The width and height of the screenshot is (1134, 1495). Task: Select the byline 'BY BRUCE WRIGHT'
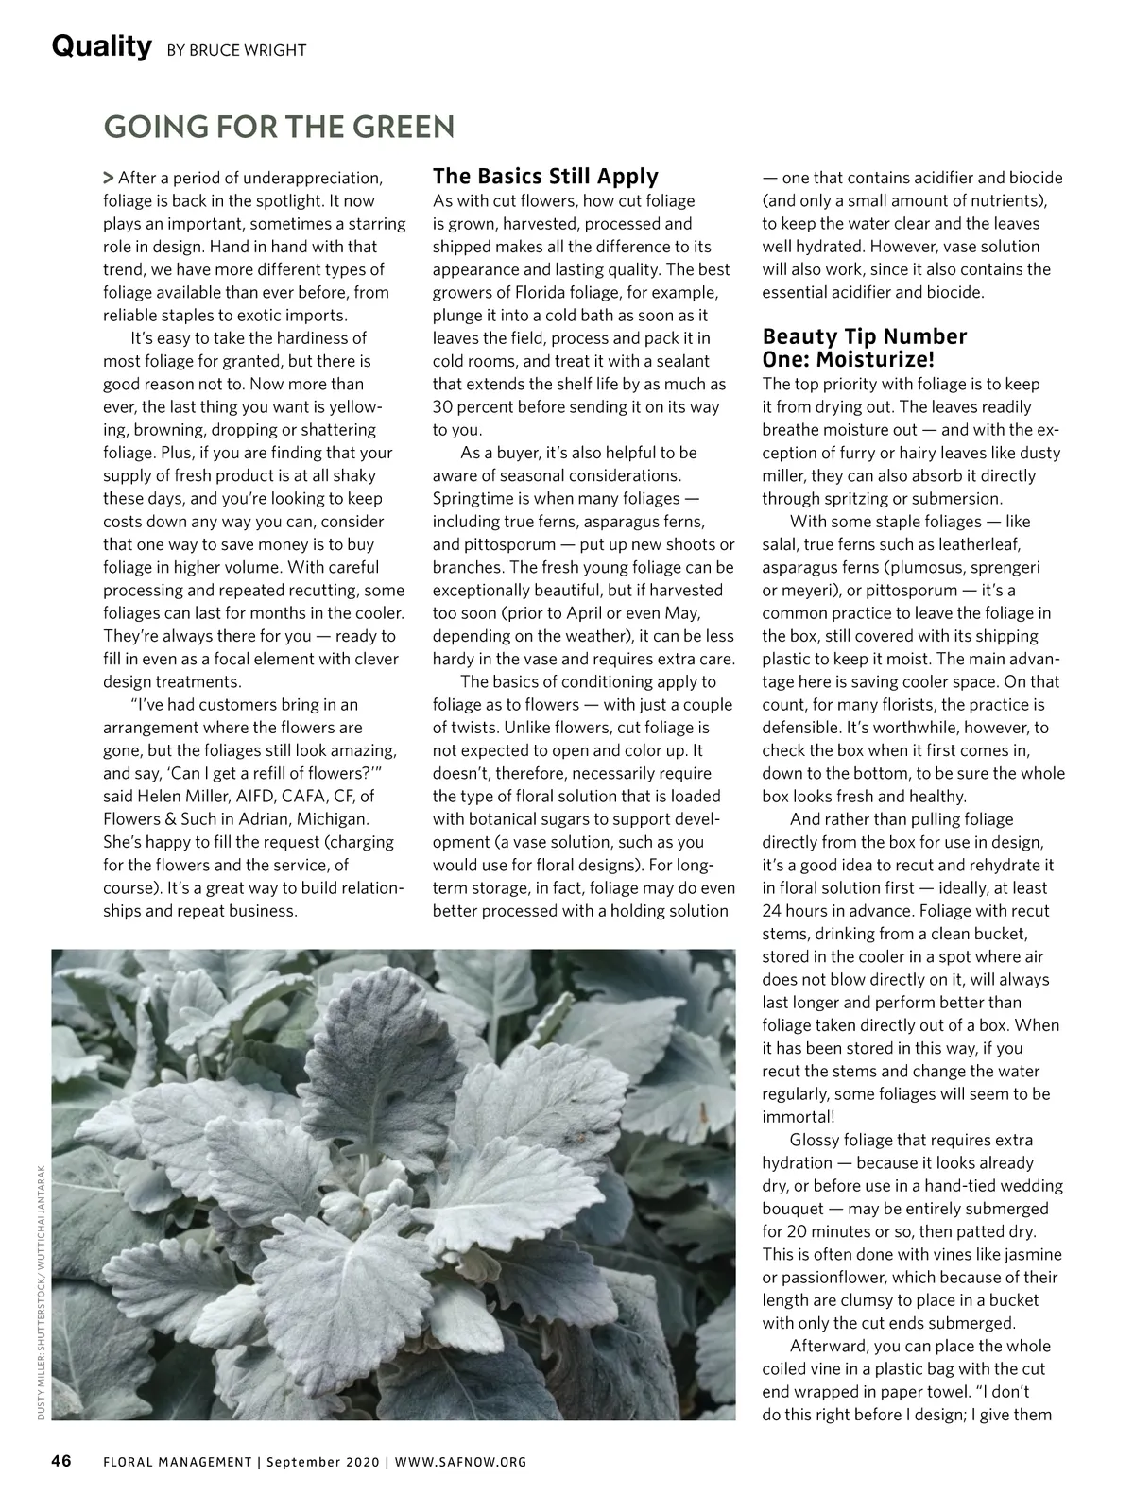point(236,50)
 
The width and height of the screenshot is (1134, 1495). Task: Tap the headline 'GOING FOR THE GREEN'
point(279,127)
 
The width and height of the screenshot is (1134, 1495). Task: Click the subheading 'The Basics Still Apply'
point(545,177)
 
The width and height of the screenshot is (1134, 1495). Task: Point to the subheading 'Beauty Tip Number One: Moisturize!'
point(865,348)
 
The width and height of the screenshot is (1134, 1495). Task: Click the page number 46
point(61,1461)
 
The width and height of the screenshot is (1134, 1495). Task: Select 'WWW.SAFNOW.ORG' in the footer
point(460,1462)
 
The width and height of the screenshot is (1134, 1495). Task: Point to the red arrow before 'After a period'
point(109,178)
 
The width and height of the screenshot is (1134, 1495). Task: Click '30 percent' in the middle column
point(469,406)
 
